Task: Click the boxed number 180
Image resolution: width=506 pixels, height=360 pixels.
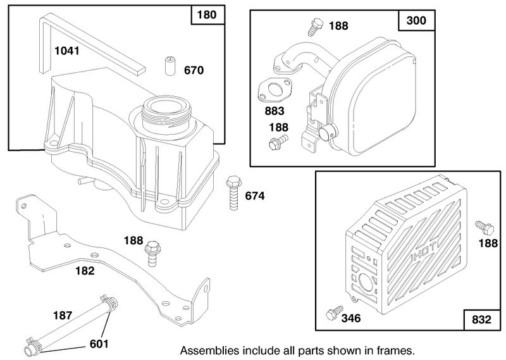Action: tap(207, 15)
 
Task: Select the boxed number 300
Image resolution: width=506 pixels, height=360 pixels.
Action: tap(416, 20)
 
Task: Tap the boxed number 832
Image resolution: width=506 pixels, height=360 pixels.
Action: tap(481, 320)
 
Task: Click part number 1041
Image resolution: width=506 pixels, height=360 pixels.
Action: tap(67, 51)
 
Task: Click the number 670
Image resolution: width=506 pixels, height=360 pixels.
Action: tap(194, 70)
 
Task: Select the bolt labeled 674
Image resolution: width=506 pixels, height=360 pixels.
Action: tap(233, 193)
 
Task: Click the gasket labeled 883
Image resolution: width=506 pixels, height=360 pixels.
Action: tap(275, 89)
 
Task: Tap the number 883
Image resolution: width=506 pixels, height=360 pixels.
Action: tap(275, 111)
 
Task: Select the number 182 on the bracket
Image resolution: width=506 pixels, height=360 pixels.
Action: tap(85, 271)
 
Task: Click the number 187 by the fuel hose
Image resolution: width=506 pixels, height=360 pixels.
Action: tap(62, 315)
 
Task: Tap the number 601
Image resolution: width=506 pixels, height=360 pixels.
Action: tap(99, 344)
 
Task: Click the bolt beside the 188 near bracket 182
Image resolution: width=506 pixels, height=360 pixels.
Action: tap(151, 254)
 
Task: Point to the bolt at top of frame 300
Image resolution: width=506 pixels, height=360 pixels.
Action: tap(315, 27)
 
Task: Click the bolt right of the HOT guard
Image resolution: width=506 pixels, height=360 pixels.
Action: tap(484, 227)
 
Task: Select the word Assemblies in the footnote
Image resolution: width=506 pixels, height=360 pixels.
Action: tap(210, 351)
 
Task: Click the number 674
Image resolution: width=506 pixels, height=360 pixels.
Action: tap(255, 196)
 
